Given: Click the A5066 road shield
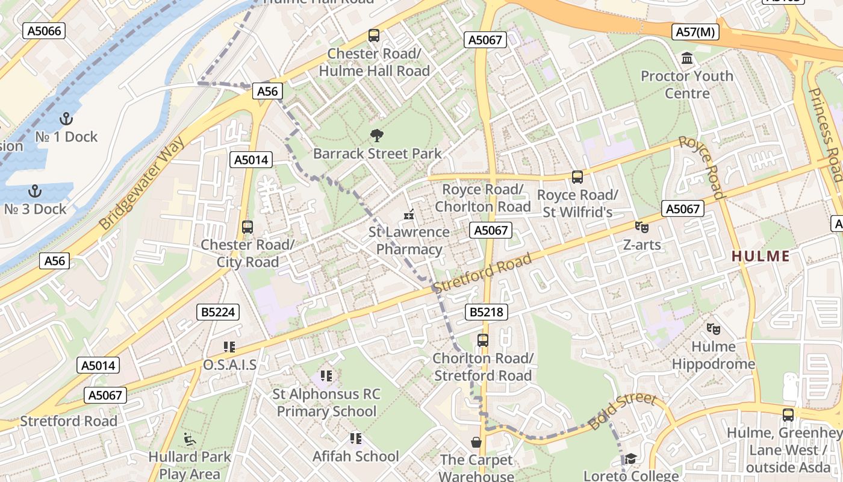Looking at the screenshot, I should click(x=44, y=31).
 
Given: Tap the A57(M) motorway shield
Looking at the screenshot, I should click(x=695, y=32).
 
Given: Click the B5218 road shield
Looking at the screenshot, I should click(x=486, y=312).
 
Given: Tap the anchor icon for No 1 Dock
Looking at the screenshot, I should click(x=66, y=118).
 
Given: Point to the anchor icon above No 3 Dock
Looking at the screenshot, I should click(x=35, y=191).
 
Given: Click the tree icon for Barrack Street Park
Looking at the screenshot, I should click(x=377, y=135).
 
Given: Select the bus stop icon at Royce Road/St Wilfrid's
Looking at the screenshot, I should click(x=577, y=177).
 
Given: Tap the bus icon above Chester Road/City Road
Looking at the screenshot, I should click(x=247, y=227).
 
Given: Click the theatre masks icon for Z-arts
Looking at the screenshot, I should click(x=642, y=227).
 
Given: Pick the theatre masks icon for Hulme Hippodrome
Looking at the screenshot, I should click(x=714, y=328).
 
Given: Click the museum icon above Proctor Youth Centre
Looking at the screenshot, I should click(x=686, y=58).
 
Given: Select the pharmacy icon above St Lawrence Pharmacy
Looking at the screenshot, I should click(x=409, y=214).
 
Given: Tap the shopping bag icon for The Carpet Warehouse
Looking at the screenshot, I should click(x=476, y=443).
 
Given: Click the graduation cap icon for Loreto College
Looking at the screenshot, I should click(x=630, y=459).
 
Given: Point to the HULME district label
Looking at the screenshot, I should click(x=760, y=256).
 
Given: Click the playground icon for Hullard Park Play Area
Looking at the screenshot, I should click(x=190, y=439).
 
